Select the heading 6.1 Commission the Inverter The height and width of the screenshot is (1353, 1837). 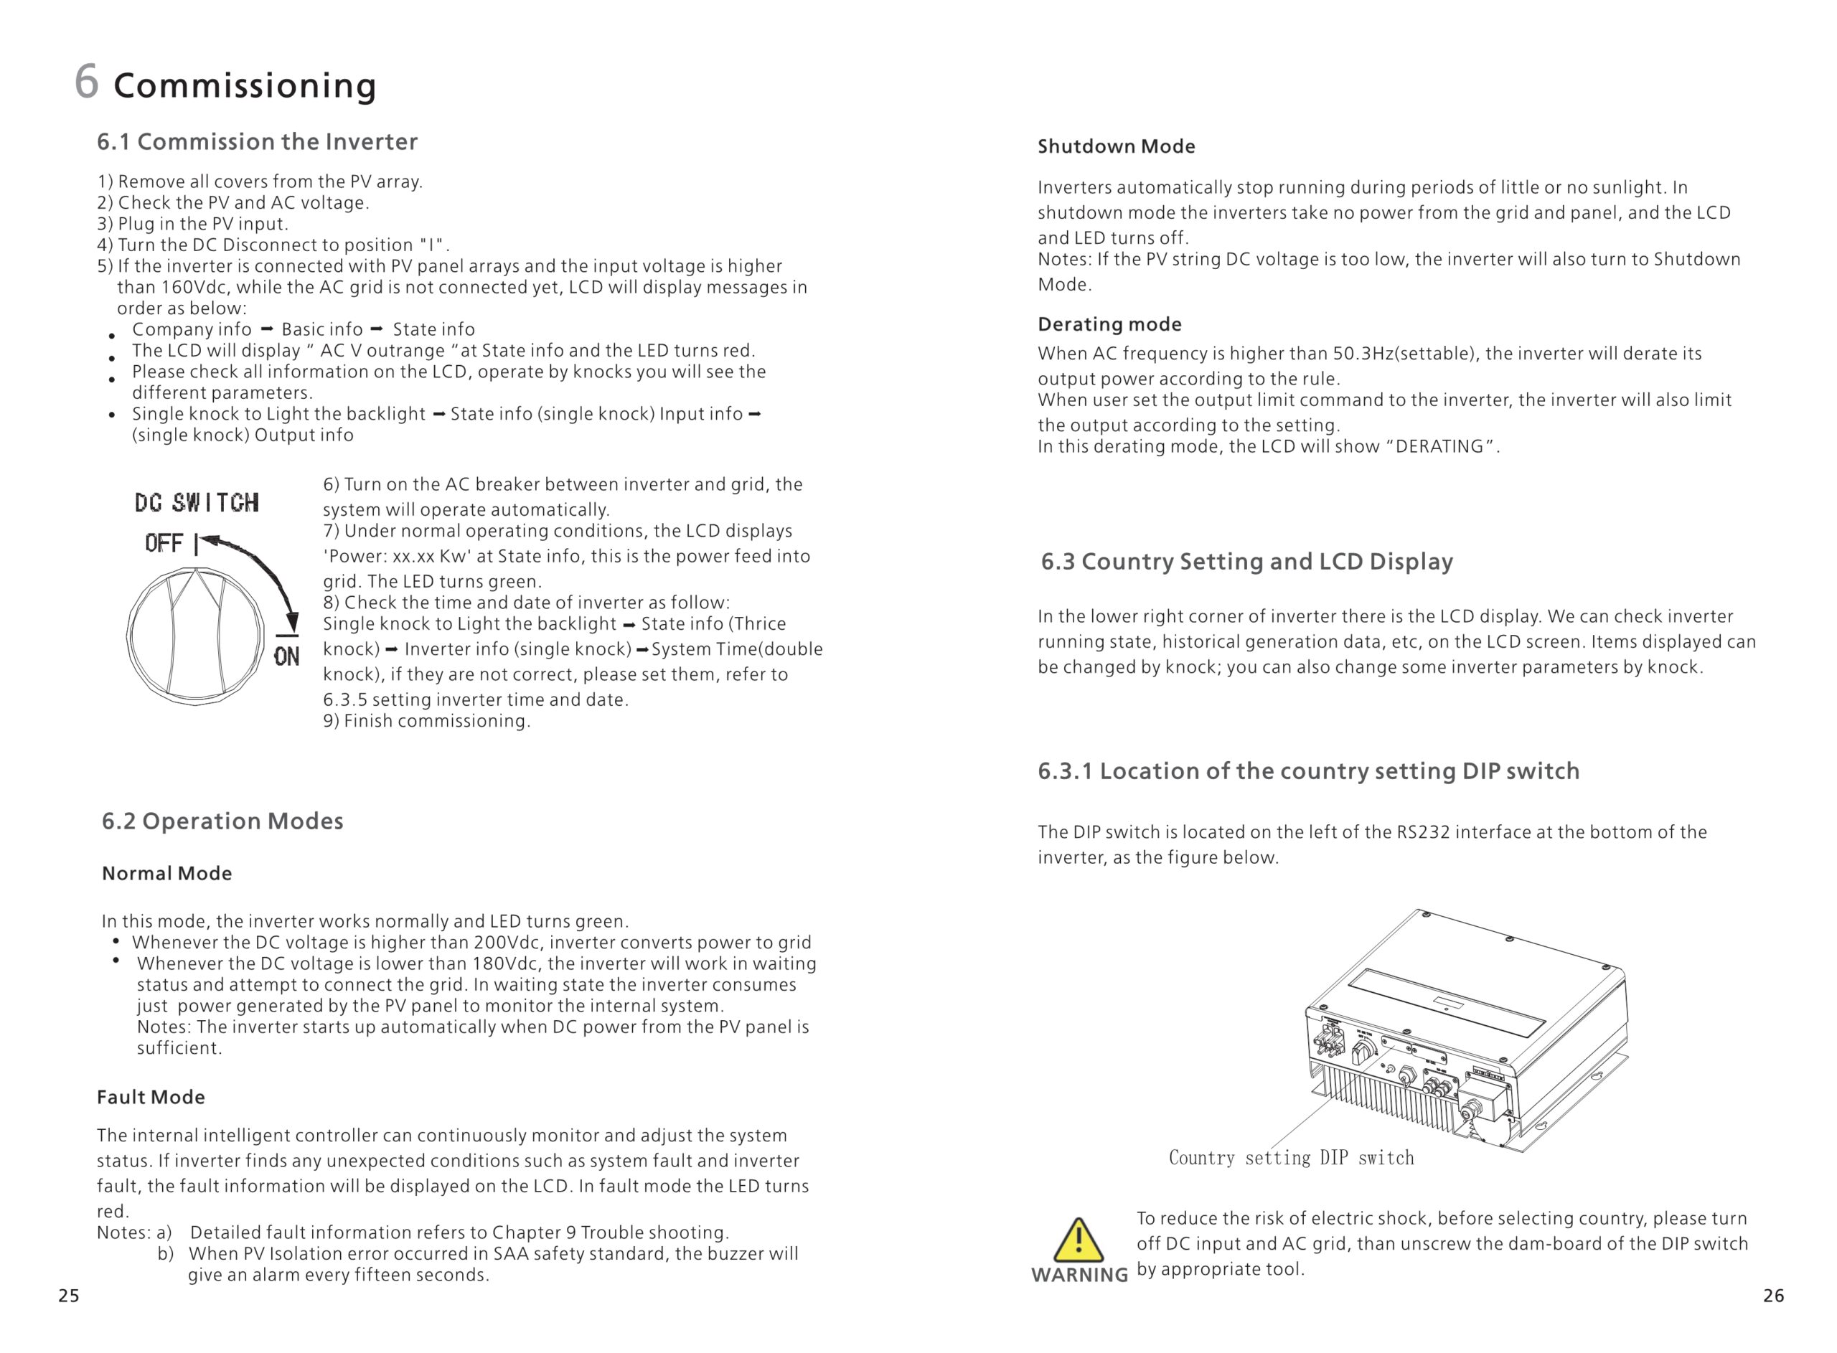[x=257, y=142]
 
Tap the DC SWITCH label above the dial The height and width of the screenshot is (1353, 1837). [x=197, y=502]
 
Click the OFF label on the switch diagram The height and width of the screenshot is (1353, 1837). [x=164, y=543]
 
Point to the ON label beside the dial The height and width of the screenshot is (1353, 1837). [x=286, y=656]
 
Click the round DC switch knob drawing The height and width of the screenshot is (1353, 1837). [x=196, y=636]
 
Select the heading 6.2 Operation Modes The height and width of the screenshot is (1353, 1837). [x=222, y=821]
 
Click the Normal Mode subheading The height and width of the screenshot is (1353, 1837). [x=166, y=873]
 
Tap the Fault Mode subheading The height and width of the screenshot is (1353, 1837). [x=151, y=1097]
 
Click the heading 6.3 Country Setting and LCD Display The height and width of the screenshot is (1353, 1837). [x=1246, y=562]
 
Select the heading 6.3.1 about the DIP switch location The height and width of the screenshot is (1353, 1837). [x=1308, y=770]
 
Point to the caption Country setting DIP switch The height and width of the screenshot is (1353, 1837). [x=1291, y=1157]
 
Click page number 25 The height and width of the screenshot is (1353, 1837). [x=69, y=1296]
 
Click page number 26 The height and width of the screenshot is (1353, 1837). [x=1773, y=1296]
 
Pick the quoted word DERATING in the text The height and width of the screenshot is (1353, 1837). [x=1439, y=447]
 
